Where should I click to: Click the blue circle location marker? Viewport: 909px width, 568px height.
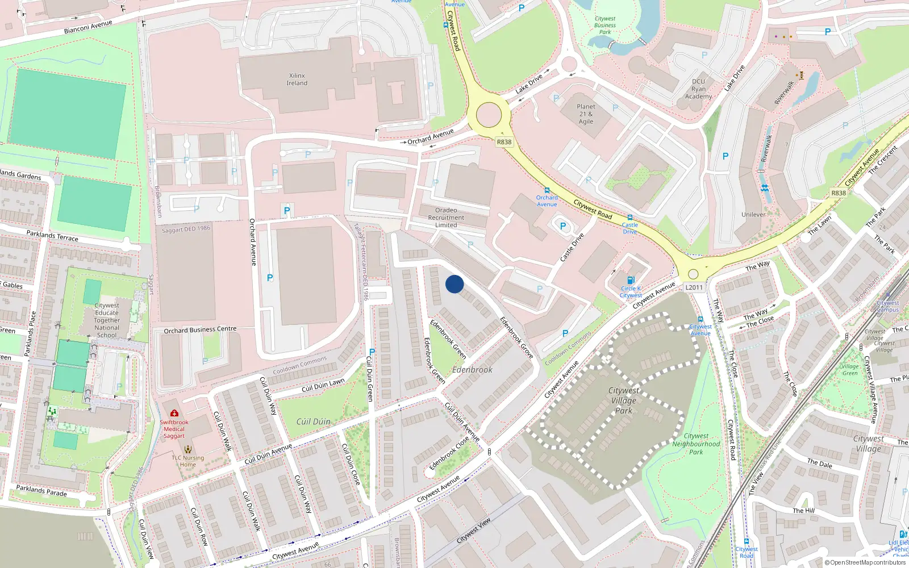454,284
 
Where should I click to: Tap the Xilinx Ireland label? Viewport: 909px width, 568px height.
297,80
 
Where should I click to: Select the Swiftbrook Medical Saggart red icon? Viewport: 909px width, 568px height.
174,413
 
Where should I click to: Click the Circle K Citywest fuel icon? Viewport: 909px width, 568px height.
630,280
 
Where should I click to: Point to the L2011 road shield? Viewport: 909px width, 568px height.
694,287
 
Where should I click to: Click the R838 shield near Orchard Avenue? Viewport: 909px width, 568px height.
504,142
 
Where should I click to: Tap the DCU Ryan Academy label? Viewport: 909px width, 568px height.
698,89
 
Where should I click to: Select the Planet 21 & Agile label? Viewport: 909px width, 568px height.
586,114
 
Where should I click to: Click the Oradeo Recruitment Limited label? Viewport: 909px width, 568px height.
446,218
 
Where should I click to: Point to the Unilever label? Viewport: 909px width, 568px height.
753,215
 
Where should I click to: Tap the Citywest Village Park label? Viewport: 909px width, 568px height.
623,400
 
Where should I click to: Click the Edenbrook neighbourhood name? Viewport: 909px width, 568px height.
472,370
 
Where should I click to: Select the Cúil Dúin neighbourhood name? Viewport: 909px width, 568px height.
313,421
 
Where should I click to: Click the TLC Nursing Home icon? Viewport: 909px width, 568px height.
188,449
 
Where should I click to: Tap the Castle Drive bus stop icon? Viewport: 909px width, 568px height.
629,218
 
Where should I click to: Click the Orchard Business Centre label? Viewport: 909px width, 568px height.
200,330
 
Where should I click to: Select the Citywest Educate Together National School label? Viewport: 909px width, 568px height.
107,320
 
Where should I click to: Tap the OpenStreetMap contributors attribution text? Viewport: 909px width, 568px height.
865,562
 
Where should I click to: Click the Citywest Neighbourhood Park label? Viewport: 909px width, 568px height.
696,444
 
